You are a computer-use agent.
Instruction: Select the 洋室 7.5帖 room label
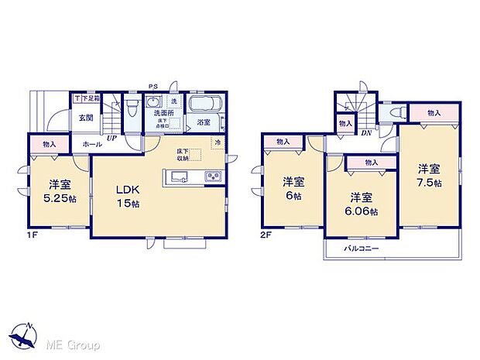coord(427,175)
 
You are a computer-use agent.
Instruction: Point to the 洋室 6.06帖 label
coord(360,203)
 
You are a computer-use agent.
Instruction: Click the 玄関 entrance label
coord(84,118)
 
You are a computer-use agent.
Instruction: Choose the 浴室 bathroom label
coord(204,122)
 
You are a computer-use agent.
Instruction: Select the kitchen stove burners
coord(213,177)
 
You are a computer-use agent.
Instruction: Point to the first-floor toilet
coord(132,106)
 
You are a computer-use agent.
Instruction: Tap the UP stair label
coord(111,137)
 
